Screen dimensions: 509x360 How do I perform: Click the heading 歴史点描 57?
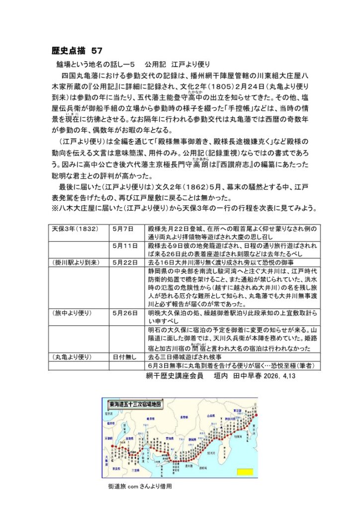(77, 51)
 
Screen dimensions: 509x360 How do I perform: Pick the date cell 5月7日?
(122, 230)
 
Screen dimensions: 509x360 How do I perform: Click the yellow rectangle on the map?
(245, 471)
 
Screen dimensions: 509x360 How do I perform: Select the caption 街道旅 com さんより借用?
(140, 487)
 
